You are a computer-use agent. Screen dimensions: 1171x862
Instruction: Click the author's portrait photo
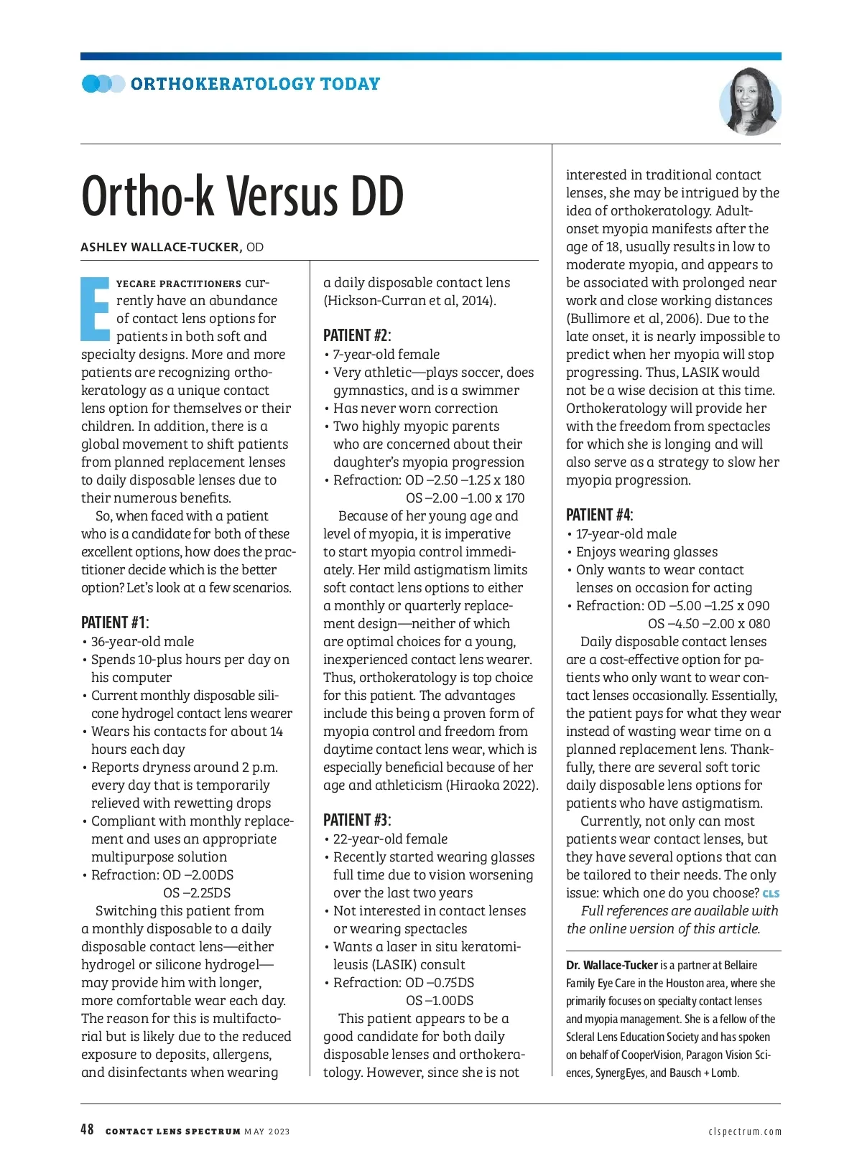749,102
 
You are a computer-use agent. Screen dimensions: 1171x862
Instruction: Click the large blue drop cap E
95,308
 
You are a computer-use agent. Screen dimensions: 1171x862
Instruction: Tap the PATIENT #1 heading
115,622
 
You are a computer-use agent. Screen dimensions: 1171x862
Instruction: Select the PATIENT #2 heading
357,335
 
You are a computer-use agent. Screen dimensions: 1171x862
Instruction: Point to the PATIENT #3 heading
357,820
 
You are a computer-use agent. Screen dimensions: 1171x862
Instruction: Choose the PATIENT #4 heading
600,515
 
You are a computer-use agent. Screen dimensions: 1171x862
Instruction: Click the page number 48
87,1130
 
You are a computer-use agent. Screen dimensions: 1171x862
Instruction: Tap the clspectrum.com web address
745,1132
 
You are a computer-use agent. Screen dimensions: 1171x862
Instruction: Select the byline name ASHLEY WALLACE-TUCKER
160,248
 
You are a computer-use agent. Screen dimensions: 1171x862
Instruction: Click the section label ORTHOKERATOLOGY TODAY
255,84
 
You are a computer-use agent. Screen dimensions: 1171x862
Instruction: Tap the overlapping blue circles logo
103,84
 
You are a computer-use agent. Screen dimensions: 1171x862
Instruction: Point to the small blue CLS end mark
771,894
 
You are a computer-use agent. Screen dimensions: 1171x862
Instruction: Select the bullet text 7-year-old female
386,355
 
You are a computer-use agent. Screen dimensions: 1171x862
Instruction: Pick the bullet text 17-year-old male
626,534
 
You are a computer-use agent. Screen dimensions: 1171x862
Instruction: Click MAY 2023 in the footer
267,1132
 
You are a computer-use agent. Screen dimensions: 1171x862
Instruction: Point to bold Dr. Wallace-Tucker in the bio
612,966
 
